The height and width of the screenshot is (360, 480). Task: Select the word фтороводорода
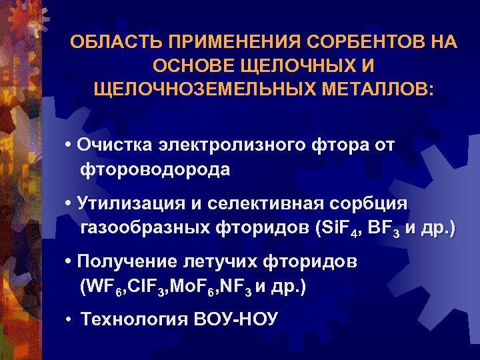pos(156,170)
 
